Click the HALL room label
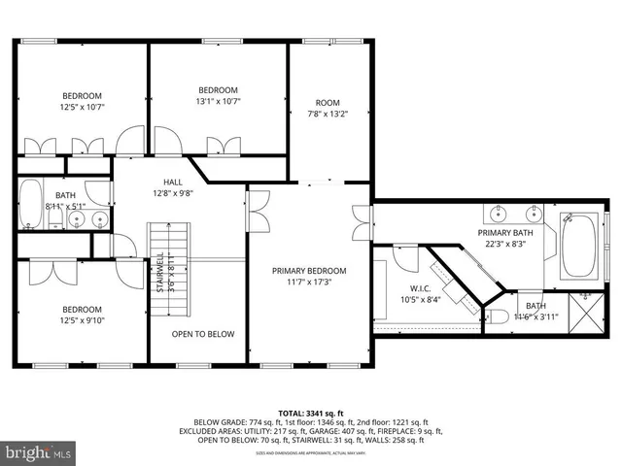[x=172, y=182]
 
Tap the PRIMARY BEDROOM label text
[x=308, y=271]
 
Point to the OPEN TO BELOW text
[x=203, y=334]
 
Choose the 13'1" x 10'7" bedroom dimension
[x=218, y=100]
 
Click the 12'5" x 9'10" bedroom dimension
[x=82, y=320]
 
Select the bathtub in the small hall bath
[x=30, y=203]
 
